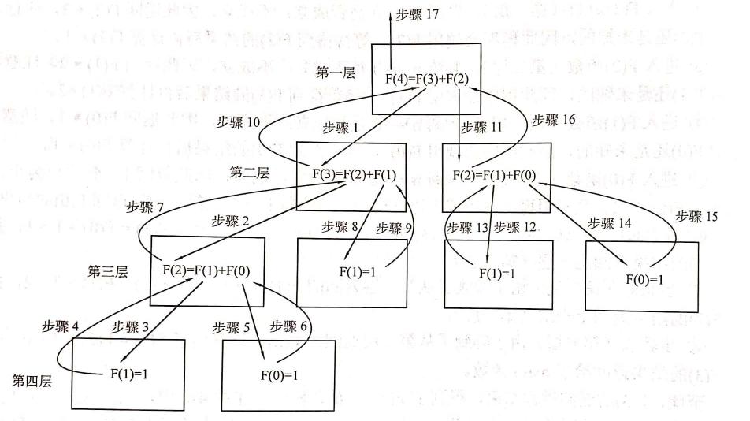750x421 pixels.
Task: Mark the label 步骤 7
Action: [145, 208]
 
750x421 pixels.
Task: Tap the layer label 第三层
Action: [110, 270]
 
